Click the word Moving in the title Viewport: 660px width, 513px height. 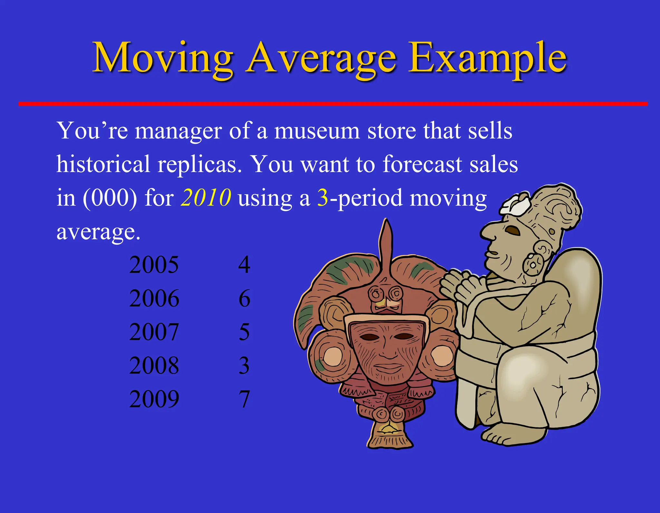click(x=163, y=58)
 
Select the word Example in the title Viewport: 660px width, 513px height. click(x=487, y=58)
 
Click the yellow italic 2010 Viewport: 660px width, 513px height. click(x=206, y=197)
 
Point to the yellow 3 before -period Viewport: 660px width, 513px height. click(x=323, y=197)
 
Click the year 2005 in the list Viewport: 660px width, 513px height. click(x=154, y=265)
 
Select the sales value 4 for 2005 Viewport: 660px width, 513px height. click(x=244, y=265)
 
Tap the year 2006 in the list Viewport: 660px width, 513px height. click(x=154, y=298)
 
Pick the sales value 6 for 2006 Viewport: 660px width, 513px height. click(x=244, y=298)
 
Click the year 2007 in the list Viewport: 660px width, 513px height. click(x=154, y=332)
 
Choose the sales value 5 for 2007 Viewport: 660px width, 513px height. click(x=244, y=332)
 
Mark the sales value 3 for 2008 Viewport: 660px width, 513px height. click(x=244, y=365)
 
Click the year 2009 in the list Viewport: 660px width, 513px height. click(x=154, y=399)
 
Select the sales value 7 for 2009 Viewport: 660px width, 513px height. click(x=244, y=399)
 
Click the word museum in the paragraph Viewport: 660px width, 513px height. click(x=317, y=131)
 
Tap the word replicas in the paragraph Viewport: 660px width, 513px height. click(x=199, y=164)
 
